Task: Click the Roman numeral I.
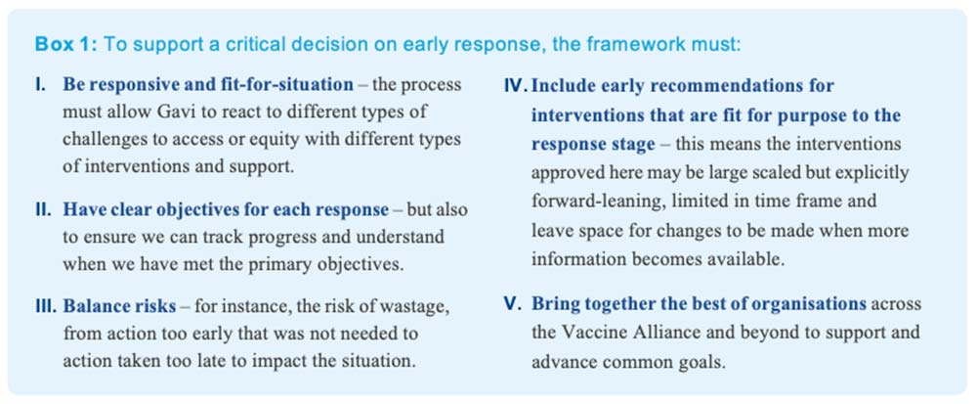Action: (40, 85)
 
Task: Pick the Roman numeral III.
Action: (46, 307)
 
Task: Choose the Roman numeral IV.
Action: (515, 85)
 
